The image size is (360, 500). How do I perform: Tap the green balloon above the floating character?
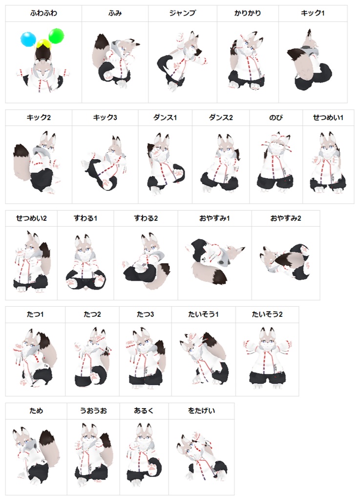coord(56,35)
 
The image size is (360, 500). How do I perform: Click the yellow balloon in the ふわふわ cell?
coord(43,44)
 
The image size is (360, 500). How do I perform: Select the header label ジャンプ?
coord(182,13)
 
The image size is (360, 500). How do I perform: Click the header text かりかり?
coord(247,13)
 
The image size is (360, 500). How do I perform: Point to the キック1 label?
coord(313,13)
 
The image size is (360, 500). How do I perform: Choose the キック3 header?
coord(105,118)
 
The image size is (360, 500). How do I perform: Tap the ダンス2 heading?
coord(221,118)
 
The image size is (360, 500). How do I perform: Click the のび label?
coord(276,118)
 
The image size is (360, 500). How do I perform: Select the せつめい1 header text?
coord(328,118)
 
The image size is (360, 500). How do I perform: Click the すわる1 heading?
coord(85,218)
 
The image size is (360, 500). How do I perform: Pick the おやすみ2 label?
coord(286,218)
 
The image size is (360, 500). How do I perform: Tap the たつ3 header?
coord(145,314)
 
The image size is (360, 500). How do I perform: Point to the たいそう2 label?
coord(267,314)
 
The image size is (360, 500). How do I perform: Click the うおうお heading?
coord(93,411)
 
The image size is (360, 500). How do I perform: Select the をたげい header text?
coord(201,411)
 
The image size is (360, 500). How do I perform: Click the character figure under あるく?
coord(143,454)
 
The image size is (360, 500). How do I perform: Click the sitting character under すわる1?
coord(85,264)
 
